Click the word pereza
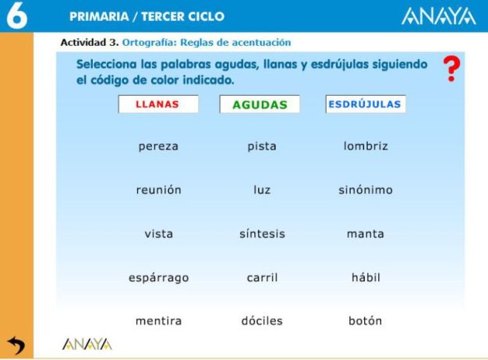coord(158,146)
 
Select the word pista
coord(262,146)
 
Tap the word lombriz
coord(366,146)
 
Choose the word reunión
coord(158,190)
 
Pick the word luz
coord(262,190)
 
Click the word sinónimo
coord(366,190)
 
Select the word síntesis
coord(262,234)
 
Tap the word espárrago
coord(158,277)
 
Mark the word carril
coord(262,277)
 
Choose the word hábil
coord(366,277)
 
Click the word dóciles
coord(262,321)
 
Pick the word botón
coord(366,321)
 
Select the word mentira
coord(158,321)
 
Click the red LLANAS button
coord(158,104)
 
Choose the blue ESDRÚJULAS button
coord(366,104)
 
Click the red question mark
coord(451,71)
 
